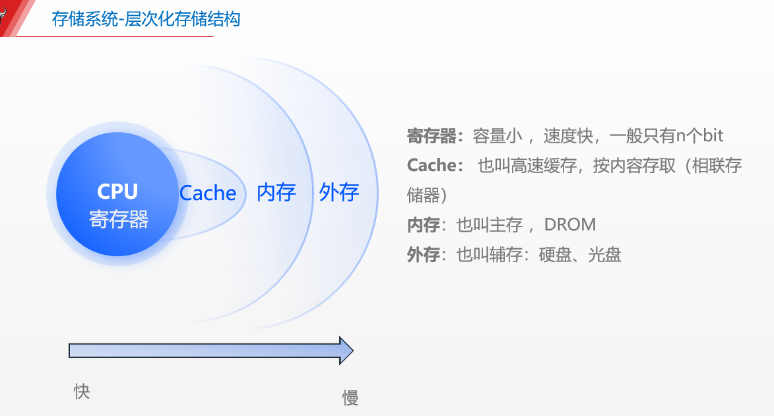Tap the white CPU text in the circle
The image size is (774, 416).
click(117, 191)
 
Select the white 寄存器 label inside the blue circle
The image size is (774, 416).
click(119, 219)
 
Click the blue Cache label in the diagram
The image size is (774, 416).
click(208, 193)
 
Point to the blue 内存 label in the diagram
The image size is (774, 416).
click(276, 193)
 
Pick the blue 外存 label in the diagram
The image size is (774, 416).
click(339, 193)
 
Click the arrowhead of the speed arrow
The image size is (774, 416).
click(346, 350)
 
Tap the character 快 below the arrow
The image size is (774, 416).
click(82, 392)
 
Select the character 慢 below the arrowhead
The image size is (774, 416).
click(350, 398)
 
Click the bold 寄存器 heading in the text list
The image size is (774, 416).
click(432, 136)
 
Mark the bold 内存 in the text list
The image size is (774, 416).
click(423, 225)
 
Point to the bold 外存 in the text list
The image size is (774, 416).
click(423, 254)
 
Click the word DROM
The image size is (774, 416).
click(570, 225)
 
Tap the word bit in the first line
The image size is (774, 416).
click(712, 136)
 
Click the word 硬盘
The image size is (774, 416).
click(555, 254)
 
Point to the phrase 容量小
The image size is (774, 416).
click(498, 136)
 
